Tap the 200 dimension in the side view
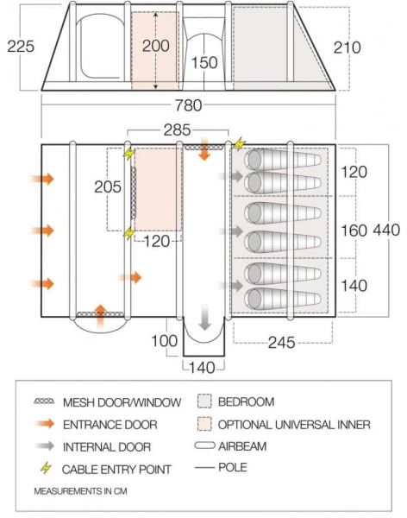click(x=156, y=46)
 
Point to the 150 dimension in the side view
click(x=203, y=63)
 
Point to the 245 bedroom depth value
click(x=280, y=343)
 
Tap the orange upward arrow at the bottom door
click(x=100, y=314)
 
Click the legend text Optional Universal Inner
click(x=294, y=424)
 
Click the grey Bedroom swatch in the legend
click(x=204, y=402)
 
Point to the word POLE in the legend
click(x=234, y=468)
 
